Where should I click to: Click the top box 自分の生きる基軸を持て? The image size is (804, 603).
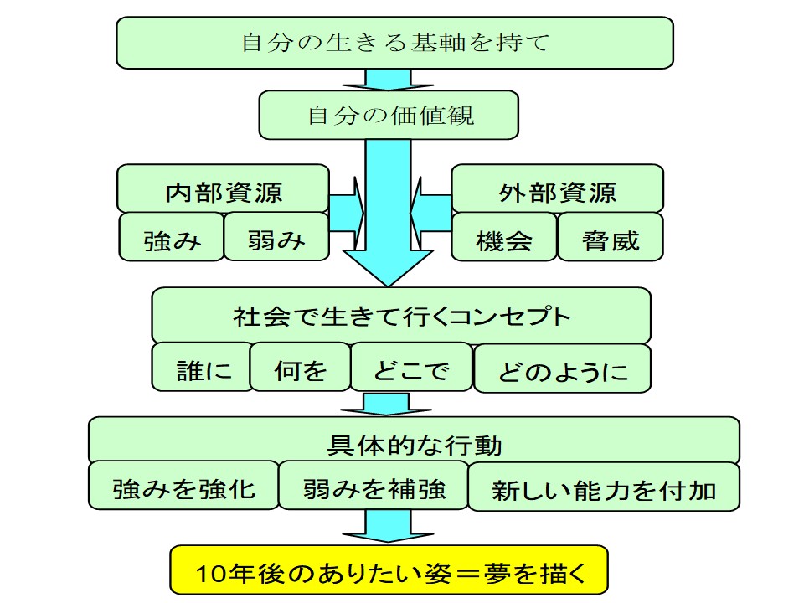[x=394, y=43]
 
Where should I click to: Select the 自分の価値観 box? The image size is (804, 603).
[x=389, y=115]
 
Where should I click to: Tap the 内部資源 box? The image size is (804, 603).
[x=223, y=188]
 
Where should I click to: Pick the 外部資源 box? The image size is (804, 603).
[x=558, y=188]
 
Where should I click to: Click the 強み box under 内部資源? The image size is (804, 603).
[x=171, y=237]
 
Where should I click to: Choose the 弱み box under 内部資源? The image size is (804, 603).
[x=276, y=237]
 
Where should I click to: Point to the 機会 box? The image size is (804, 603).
[x=504, y=237]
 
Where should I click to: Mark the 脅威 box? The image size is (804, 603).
[x=611, y=237]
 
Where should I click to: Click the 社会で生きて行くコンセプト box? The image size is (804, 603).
[x=401, y=316]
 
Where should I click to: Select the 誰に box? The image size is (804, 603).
[x=202, y=367]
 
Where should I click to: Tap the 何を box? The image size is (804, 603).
[x=301, y=367]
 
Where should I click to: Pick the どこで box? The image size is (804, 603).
[x=411, y=367]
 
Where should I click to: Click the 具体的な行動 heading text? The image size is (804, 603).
[x=415, y=445]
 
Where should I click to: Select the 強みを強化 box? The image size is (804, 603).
[x=183, y=486]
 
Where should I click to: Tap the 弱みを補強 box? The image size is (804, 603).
[x=374, y=486]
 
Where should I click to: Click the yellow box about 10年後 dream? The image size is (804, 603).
[x=389, y=570]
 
